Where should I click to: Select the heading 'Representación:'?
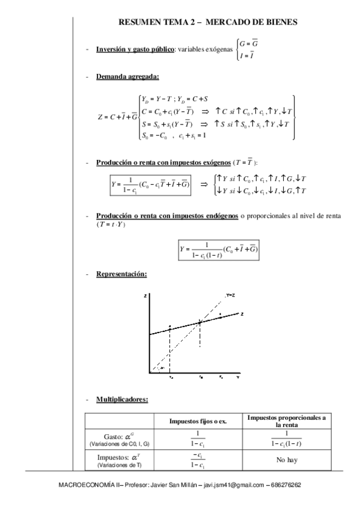click(x=121, y=274)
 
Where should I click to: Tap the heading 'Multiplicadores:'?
click(x=122, y=399)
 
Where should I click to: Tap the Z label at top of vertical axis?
click(x=147, y=296)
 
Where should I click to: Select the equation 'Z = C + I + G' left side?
click(x=117, y=116)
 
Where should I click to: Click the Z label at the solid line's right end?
click(x=241, y=314)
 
